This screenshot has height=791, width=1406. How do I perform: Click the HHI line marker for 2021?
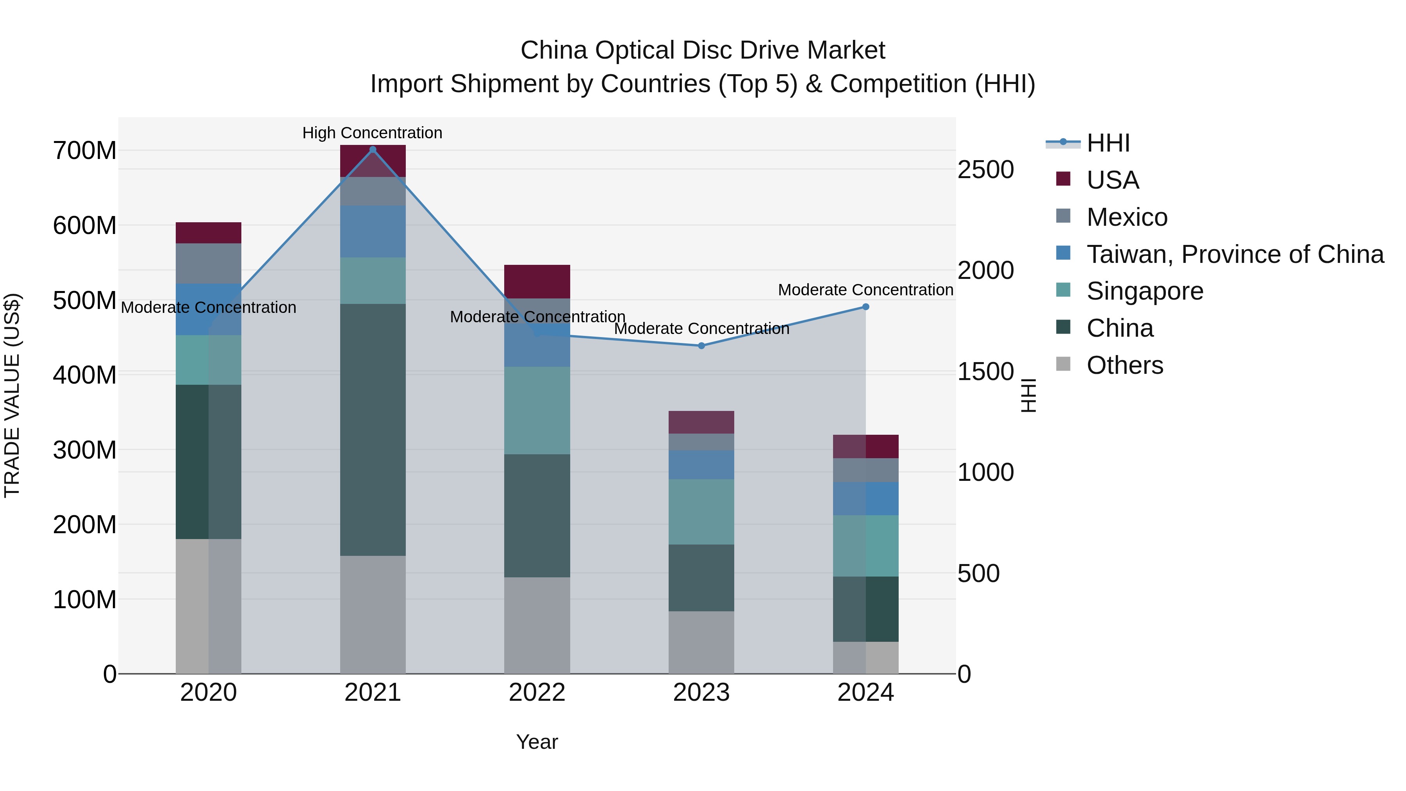pyautogui.click(x=373, y=150)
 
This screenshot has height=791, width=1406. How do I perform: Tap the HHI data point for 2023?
pyautogui.click(x=701, y=346)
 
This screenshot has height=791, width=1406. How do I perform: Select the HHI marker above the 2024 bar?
pyautogui.click(x=865, y=307)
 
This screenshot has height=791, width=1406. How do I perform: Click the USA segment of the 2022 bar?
pyautogui.click(x=537, y=282)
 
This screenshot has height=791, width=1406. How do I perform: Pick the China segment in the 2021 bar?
pyautogui.click(x=373, y=430)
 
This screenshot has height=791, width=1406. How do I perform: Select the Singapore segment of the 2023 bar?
pyautogui.click(x=701, y=511)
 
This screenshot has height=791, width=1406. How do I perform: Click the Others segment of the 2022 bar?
pyautogui.click(x=537, y=625)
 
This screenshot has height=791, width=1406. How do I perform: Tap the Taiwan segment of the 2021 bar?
pyautogui.click(x=373, y=232)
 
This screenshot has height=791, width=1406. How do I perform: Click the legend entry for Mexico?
pyautogui.click(x=1126, y=217)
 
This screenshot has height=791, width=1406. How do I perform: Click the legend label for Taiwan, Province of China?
pyautogui.click(x=1235, y=254)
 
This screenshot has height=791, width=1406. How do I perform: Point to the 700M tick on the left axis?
pyautogui.click(x=85, y=151)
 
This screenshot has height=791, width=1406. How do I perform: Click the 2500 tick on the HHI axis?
pyautogui.click(x=985, y=170)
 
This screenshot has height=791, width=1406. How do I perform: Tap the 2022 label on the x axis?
pyautogui.click(x=537, y=693)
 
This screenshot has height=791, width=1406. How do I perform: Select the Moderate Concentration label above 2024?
pyautogui.click(x=865, y=290)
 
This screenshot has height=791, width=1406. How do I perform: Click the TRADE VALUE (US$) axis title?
pyautogui.click(x=12, y=395)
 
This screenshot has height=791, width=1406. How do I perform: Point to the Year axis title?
pyautogui.click(x=537, y=742)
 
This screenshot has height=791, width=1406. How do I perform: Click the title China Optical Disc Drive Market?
pyautogui.click(x=703, y=50)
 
